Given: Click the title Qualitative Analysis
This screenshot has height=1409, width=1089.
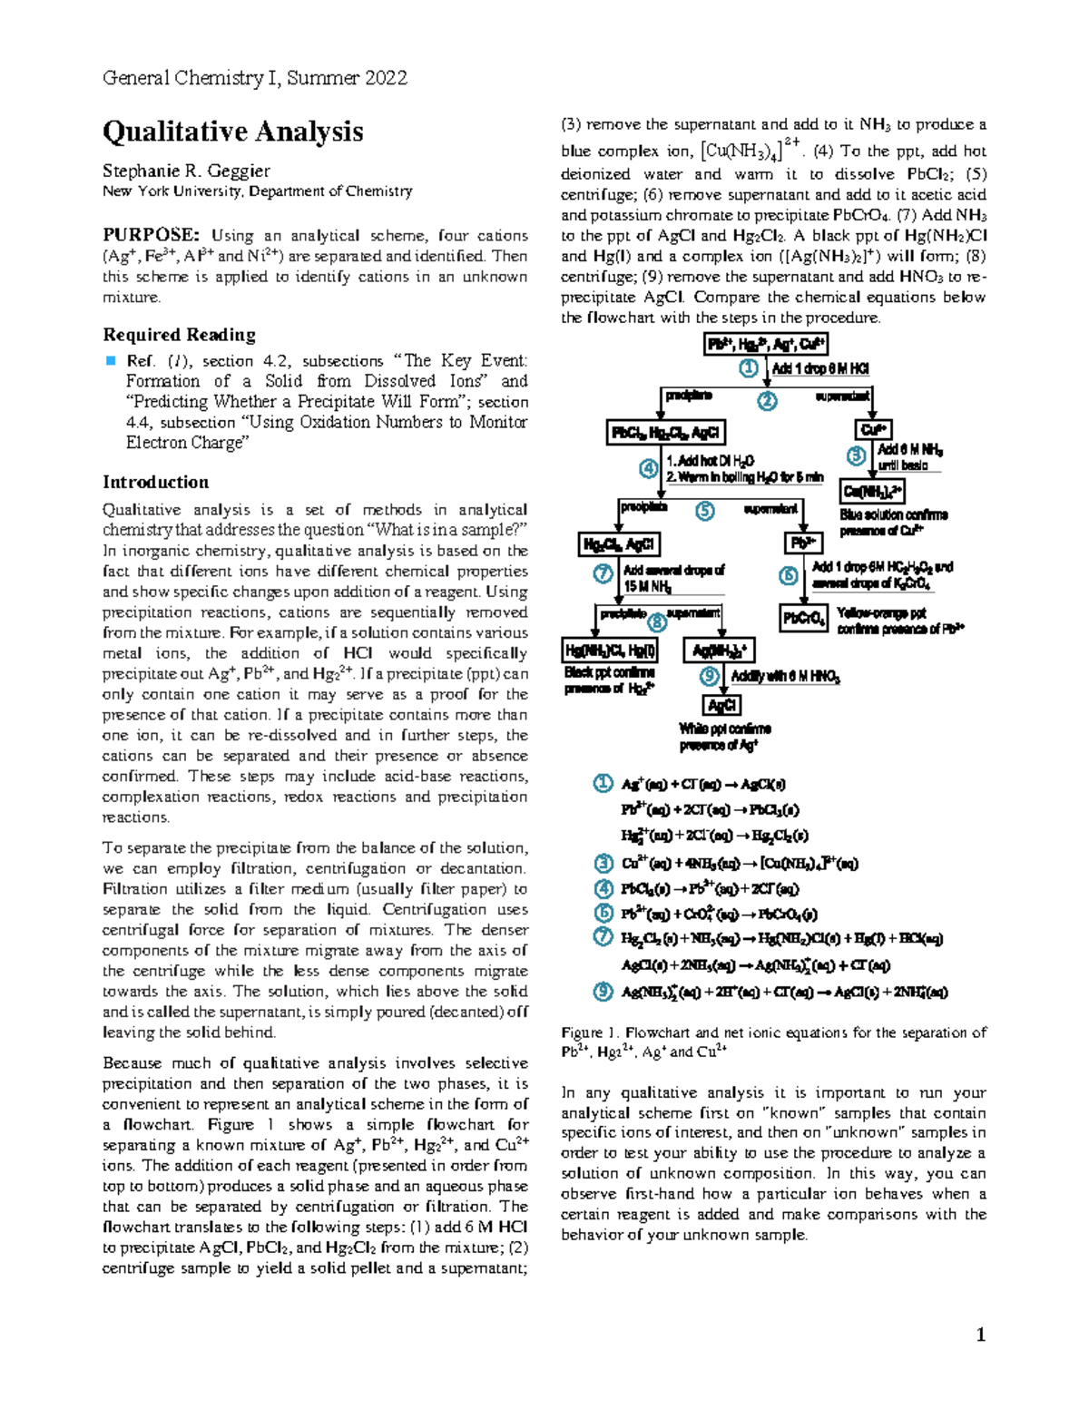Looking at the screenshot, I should (232, 132).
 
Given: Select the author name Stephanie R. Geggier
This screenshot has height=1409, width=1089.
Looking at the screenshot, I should (186, 171).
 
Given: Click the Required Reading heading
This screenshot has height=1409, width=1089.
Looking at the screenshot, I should (179, 335).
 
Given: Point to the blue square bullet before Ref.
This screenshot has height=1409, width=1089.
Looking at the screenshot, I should (111, 361).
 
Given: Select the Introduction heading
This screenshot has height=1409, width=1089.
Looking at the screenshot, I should (155, 482).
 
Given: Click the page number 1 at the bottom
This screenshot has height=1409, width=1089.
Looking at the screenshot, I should (980, 1335).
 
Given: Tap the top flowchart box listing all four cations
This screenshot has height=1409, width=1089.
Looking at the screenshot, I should (766, 345).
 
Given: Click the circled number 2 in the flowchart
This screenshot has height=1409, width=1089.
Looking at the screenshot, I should (768, 401).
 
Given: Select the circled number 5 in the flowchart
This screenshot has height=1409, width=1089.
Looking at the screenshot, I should (705, 511).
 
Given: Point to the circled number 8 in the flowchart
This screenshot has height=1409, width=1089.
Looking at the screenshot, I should (656, 623).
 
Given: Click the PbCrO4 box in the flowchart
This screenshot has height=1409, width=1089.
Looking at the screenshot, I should (803, 619).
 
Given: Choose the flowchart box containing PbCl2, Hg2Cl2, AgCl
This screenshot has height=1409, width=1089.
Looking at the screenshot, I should (666, 433).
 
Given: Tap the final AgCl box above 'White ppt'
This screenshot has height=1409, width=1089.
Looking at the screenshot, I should (722, 706).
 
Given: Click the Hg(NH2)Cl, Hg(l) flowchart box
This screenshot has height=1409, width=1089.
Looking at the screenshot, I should (610, 651).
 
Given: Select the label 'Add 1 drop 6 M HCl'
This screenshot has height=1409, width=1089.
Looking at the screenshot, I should (819, 369).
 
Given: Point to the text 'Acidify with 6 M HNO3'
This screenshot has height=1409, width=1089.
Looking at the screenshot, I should (785, 677).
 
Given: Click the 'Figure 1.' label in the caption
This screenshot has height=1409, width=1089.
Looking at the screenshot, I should (590, 1032).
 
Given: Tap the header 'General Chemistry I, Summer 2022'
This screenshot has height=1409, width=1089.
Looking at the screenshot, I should (255, 78).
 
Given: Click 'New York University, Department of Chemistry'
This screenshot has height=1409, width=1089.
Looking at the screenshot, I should (257, 191).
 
